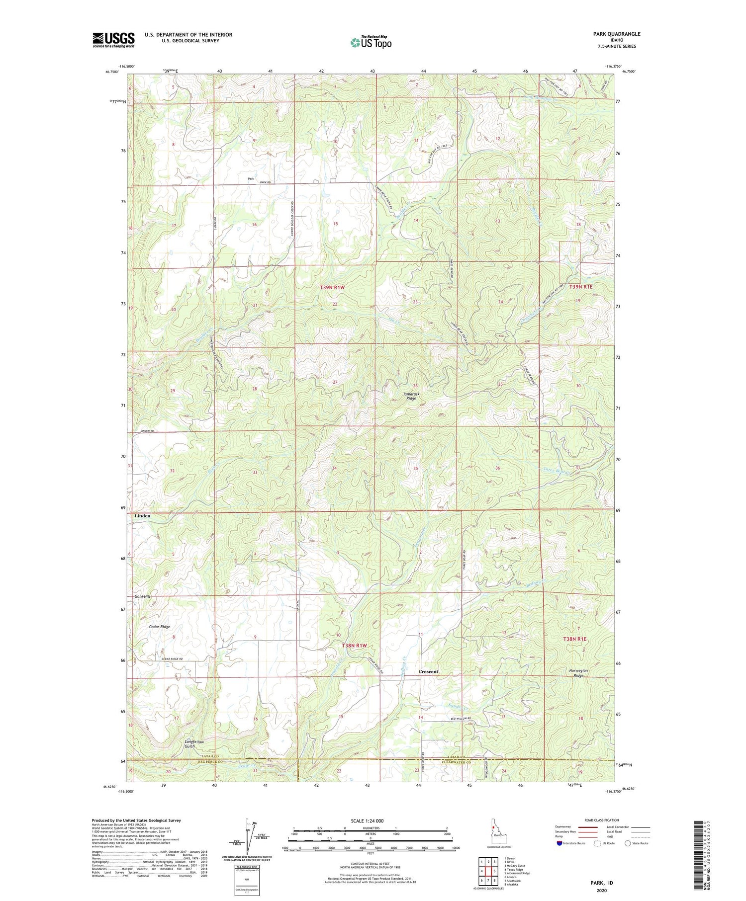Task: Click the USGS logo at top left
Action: click(x=113, y=40)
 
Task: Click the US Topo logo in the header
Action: click(x=371, y=43)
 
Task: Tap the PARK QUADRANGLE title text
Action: click(x=616, y=34)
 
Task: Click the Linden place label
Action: click(x=142, y=516)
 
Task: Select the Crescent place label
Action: click(x=428, y=671)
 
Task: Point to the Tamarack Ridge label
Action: click(x=411, y=396)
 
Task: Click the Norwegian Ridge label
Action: click(x=578, y=673)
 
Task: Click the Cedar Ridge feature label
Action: click(x=160, y=627)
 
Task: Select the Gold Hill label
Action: click(x=142, y=596)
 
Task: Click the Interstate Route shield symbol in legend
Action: click(x=559, y=843)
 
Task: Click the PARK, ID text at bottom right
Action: click(x=601, y=883)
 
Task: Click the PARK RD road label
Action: click(x=267, y=183)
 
